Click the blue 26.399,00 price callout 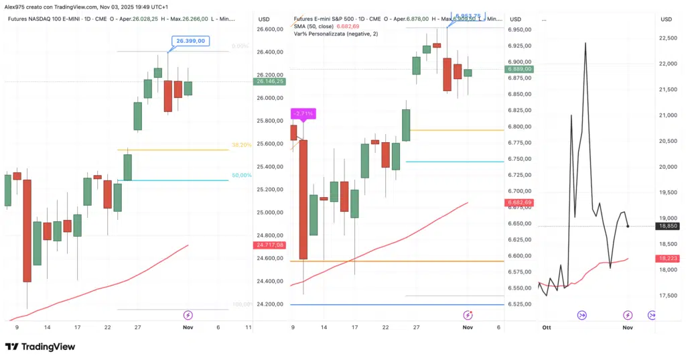click(x=190, y=42)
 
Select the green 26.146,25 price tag click(x=270, y=81)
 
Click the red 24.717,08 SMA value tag click(x=270, y=245)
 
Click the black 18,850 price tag click(x=669, y=227)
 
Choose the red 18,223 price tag click(x=669, y=258)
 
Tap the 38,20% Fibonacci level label click(x=241, y=145)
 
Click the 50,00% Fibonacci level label click(x=241, y=176)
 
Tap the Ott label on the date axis click(x=546, y=328)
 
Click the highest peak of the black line click(x=586, y=43)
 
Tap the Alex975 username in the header click(x=15, y=6)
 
